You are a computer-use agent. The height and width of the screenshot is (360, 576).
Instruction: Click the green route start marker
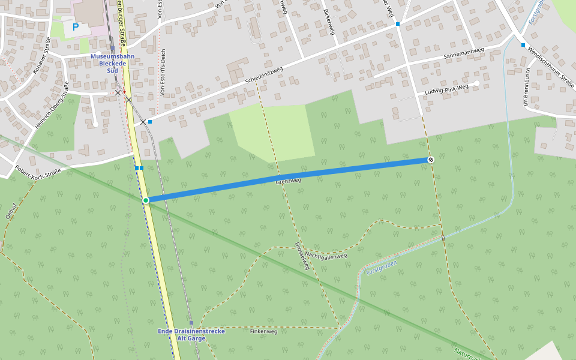(146, 200)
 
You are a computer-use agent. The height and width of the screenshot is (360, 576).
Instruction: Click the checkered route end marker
(431, 159)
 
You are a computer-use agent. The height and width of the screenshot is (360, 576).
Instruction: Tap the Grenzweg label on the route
(288, 180)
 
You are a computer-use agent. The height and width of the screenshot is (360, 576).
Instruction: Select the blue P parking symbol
(76, 27)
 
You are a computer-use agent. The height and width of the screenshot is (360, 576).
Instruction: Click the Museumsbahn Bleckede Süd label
(112, 63)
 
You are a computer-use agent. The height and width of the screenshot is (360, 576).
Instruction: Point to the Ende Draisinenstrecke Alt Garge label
(191, 335)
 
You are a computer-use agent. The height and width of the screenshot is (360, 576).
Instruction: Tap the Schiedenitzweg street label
(264, 75)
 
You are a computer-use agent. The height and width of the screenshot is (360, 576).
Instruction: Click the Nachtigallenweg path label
(326, 256)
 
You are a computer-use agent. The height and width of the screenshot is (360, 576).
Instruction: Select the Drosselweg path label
(302, 256)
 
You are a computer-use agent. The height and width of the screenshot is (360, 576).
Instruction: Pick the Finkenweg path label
(263, 331)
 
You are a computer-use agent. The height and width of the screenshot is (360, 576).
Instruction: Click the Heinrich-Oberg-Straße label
(52, 103)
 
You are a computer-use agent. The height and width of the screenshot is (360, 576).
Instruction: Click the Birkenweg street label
(328, 22)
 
